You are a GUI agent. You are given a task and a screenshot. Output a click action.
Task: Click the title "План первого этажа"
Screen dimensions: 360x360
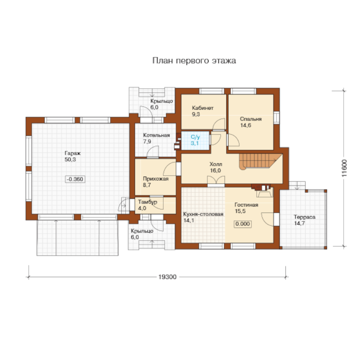click(194, 60)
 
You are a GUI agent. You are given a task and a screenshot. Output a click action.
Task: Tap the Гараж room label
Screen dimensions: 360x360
click(72, 153)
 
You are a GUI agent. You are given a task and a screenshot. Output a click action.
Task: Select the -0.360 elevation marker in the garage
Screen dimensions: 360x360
click(75, 179)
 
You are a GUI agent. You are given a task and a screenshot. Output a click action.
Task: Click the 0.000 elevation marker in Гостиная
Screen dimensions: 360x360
click(243, 224)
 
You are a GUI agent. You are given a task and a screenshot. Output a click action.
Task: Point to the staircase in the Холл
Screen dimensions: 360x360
click(261, 161)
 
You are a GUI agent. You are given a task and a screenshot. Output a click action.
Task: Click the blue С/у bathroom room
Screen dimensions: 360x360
click(195, 140)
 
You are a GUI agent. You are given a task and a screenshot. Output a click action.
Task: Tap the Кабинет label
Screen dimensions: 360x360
click(203, 108)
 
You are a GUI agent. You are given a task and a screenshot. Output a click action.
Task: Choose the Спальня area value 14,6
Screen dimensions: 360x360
click(246, 125)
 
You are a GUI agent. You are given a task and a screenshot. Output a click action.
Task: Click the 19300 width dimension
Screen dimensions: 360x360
click(168, 277)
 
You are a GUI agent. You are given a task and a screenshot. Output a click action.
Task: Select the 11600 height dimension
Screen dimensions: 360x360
click(344, 168)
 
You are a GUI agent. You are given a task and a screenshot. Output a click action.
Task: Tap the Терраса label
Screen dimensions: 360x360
click(305, 217)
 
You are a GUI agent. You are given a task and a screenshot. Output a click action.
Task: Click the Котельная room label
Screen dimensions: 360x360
click(156, 135)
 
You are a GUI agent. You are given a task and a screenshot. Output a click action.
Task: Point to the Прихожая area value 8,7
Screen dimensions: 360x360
click(147, 185)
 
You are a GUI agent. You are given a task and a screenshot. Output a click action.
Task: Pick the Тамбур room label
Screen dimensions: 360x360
click(147, 202)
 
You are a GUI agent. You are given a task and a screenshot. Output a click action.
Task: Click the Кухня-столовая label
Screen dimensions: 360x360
click(203, 214)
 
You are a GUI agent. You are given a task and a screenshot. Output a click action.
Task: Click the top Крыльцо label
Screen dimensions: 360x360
click(162, 101)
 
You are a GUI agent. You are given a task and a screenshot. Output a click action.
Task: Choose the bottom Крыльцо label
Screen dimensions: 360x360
click(142, 231)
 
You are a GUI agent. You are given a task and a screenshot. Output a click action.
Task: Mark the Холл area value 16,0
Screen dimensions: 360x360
click(215, 171)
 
